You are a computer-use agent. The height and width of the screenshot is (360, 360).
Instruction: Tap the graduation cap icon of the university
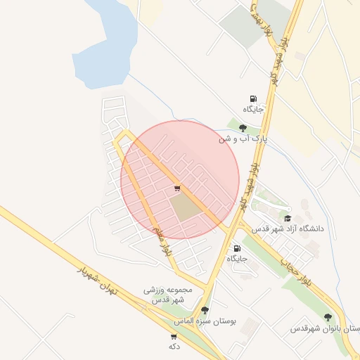pyautogui.click(x=287, y=219)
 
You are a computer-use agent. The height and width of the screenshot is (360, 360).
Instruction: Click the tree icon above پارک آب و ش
pyautogui.click(x=243, y=129)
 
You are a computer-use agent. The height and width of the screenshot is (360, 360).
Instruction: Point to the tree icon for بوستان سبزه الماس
pyautogui.click(x=205, y=309)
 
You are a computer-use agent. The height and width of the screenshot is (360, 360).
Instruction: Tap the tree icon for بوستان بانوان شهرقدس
pyautogui.click(x=327, y=318)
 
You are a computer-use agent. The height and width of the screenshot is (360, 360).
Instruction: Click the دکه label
pyautogui.click(x=174, y=347)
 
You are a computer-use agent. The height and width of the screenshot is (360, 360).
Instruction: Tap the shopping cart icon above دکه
pyautogui.click(x=174, y=337)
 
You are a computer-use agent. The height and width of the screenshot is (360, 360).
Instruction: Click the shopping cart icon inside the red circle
pyautogui.click(x=177, y=188)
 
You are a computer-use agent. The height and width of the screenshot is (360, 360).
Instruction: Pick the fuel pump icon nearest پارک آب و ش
pyautogui.click(x=253, y=99)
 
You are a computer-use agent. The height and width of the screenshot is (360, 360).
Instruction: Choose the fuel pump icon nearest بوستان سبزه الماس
pyautogui.click(x=236, y=248)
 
